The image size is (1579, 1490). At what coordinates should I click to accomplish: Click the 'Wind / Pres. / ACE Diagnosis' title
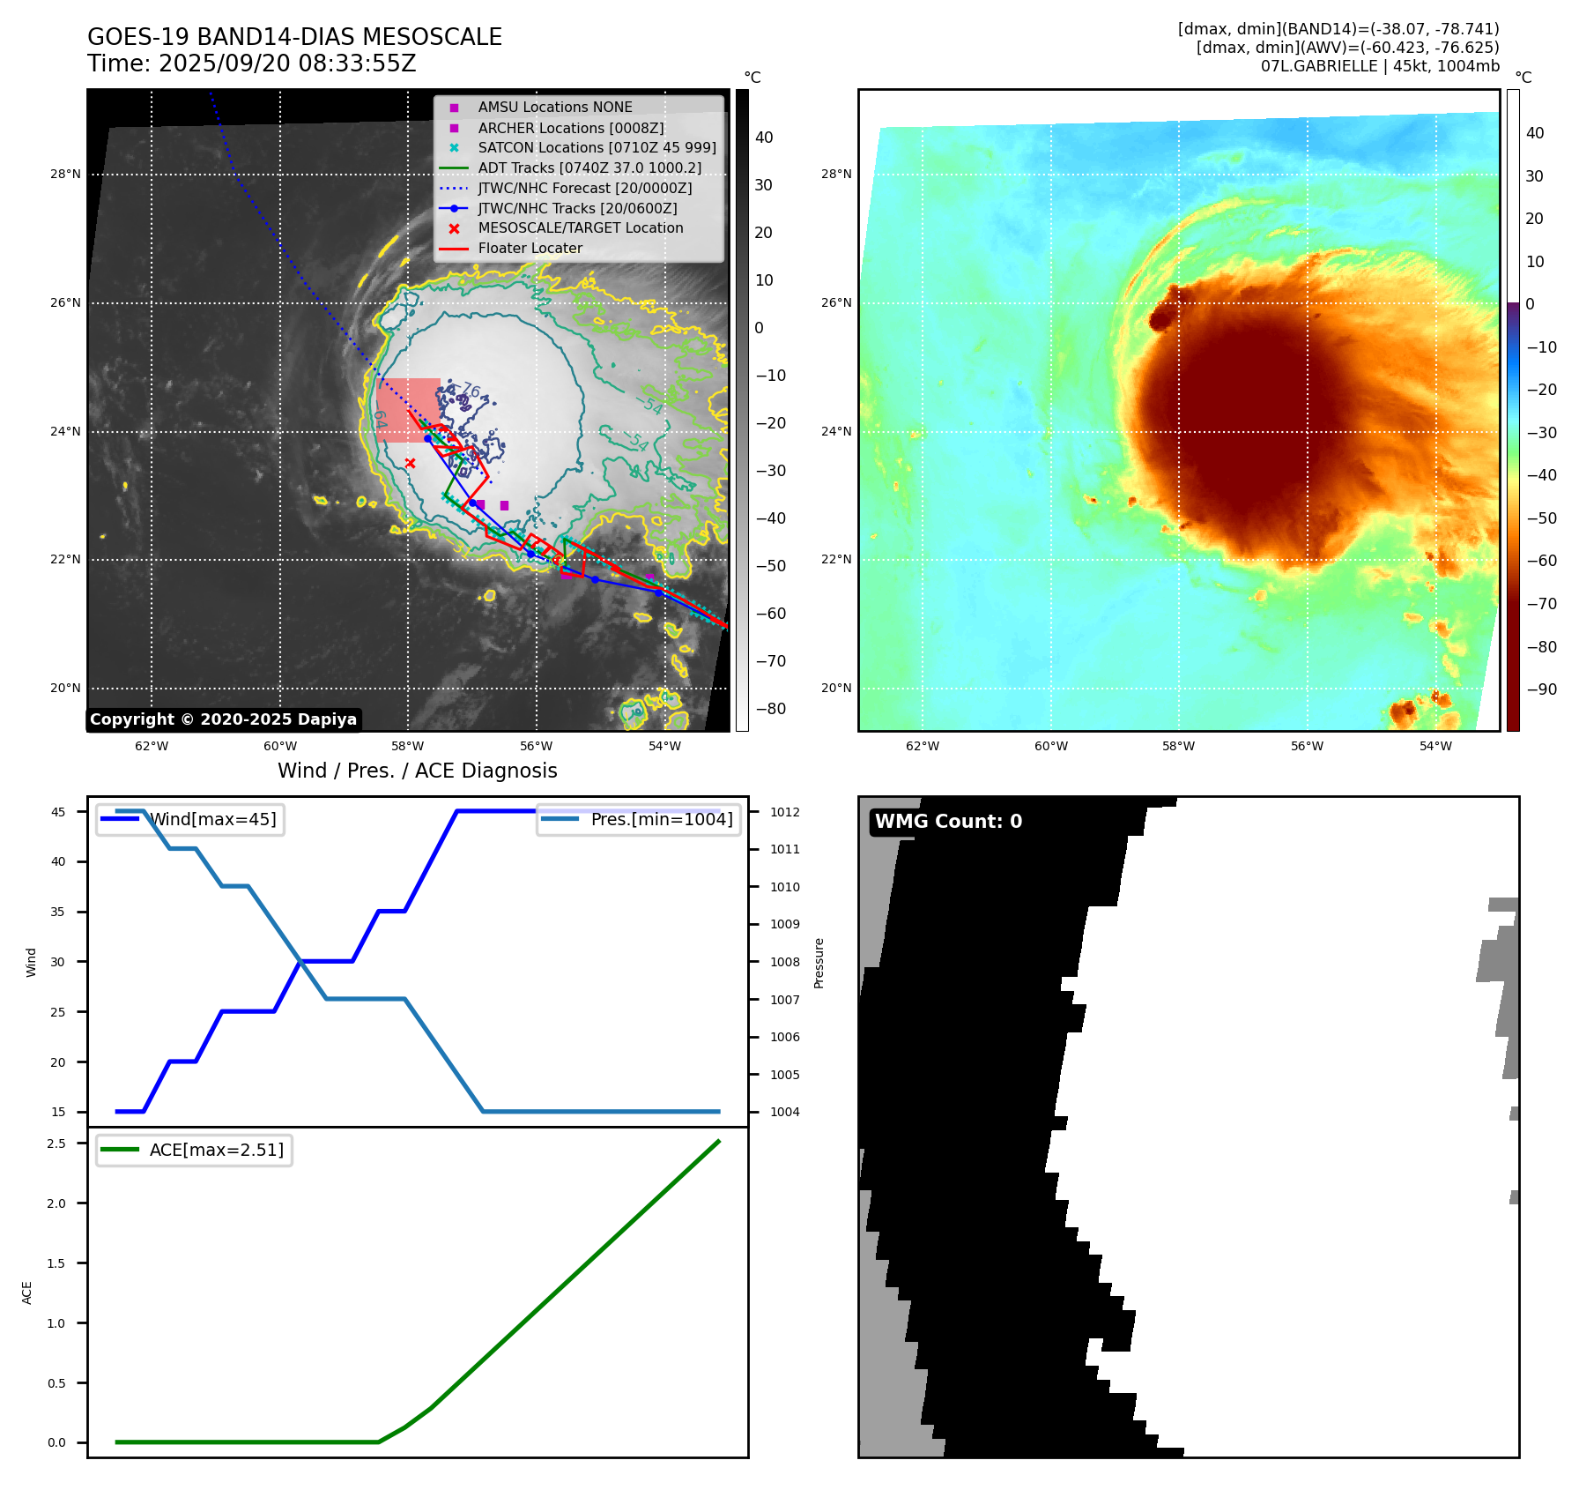tap(417, 771)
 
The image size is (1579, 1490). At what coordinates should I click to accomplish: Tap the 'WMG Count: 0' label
tap(948, 822)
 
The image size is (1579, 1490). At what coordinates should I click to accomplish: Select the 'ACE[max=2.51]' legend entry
tap(216, 1150)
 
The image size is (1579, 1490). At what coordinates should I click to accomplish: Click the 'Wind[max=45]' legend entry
tap(212, 819)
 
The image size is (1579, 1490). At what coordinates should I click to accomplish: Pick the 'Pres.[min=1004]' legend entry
tap(661, 819)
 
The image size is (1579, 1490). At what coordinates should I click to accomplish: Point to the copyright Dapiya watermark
tap(223, 719)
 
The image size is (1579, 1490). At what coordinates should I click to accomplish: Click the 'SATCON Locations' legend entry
tap(597, 147)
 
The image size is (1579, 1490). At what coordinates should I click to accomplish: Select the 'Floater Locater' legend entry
tap(530, 249)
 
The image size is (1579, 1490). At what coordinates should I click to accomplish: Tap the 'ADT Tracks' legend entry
tap(589, 168)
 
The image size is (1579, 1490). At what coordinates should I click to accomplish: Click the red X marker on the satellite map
tap(410, 463)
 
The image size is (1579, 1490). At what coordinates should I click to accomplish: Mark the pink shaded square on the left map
tap(408, 409)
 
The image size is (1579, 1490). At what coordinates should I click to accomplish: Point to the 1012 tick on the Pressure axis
tap(784, 812)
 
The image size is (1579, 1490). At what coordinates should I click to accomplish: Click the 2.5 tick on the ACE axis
tap(56, 1144)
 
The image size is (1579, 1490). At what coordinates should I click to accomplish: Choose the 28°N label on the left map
tap(65, 175)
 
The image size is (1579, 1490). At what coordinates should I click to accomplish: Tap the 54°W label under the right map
tap(1435, 746)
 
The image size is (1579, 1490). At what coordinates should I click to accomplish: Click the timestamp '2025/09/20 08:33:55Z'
tap(287, 63)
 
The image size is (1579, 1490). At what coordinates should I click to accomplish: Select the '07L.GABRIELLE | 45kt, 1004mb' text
tap(1379, 66)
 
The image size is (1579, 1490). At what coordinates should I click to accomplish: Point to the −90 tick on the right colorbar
tap(1541, 689)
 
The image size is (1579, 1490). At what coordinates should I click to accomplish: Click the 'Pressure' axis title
tap(819, 962)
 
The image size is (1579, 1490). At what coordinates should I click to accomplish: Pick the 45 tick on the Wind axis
tap(58, 812)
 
